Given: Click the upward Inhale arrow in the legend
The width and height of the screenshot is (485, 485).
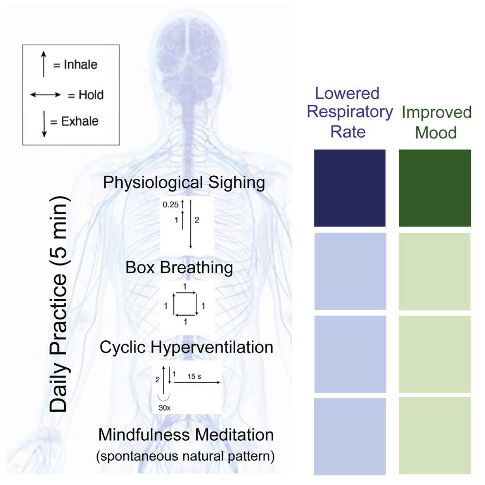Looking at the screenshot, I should [x=44, y=64].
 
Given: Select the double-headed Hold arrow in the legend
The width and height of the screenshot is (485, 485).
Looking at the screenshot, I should [x=46, y=95].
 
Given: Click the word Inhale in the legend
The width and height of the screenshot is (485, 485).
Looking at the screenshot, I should [x=80, y=65].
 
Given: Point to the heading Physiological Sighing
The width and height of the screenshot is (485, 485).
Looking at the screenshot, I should [x=184, y=182].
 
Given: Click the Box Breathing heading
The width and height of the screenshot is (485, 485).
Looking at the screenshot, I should [x=179, y=268].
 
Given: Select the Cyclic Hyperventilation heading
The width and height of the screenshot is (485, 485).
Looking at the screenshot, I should [x=186, y=347].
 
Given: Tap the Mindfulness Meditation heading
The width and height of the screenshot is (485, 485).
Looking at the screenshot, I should [x=186, y=435].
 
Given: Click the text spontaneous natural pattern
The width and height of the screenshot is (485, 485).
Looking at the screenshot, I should [x=186, y=456].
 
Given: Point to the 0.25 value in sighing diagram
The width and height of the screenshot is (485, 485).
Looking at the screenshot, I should [x=170, y=205].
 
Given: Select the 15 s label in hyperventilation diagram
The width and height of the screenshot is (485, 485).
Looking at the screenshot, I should [x=194, y=376].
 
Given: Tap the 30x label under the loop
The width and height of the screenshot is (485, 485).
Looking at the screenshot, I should [x=164, y=408].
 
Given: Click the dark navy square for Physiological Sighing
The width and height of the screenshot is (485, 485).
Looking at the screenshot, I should [x=350, y=188].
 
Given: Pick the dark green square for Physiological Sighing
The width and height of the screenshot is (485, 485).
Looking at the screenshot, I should [x=434, y=188].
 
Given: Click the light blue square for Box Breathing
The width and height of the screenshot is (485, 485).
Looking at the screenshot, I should [x=350, y=271].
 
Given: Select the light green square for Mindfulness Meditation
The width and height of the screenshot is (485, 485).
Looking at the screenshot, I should [x=434, y=436].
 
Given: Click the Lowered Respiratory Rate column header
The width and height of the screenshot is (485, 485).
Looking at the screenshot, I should [x=349, y=112].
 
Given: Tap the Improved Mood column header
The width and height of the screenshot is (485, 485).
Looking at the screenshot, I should [x=436, y=122].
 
